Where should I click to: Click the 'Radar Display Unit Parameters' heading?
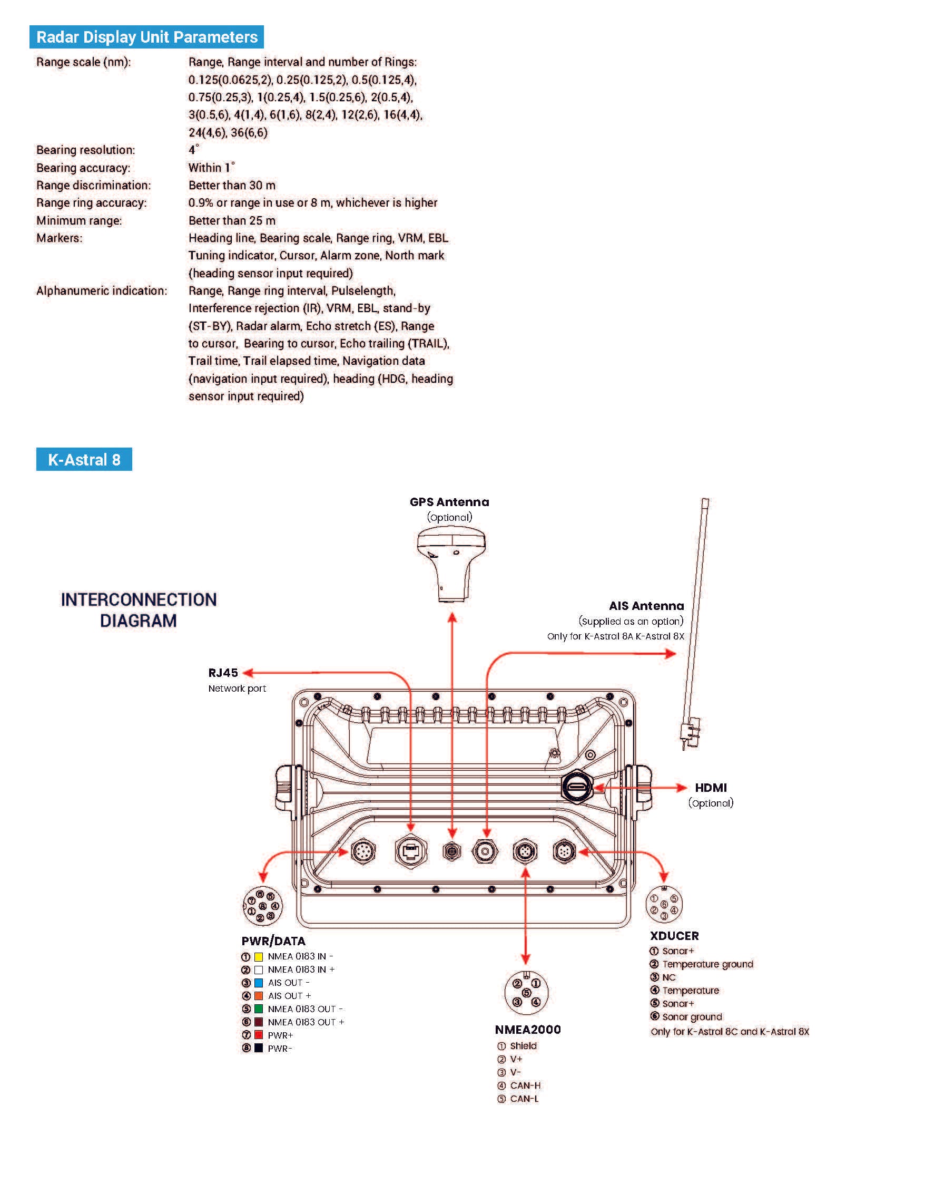point(146,37)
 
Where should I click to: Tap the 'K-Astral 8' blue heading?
point(84,460)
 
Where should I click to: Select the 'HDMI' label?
point(711,788)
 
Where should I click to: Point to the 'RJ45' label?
point(223,673)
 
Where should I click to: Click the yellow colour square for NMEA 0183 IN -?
point(259,956)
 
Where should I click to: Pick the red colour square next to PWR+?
point(259,1035)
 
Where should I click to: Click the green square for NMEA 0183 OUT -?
point(259,1009)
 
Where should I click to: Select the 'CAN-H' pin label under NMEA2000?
point(525,1085)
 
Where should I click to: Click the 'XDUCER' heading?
point(674,936)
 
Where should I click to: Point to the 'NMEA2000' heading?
point(527,1030)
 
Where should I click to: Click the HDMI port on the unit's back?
point(576,788)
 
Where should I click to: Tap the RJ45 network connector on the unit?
point(411,852)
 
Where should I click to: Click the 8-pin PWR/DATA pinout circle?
point(263,906)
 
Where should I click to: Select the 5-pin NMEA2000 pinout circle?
point(526,992)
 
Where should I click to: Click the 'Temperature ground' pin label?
point(707,964)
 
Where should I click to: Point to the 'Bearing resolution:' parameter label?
point(85,150)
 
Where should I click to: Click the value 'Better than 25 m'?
point(232,220)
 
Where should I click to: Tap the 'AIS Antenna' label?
point(646,606)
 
